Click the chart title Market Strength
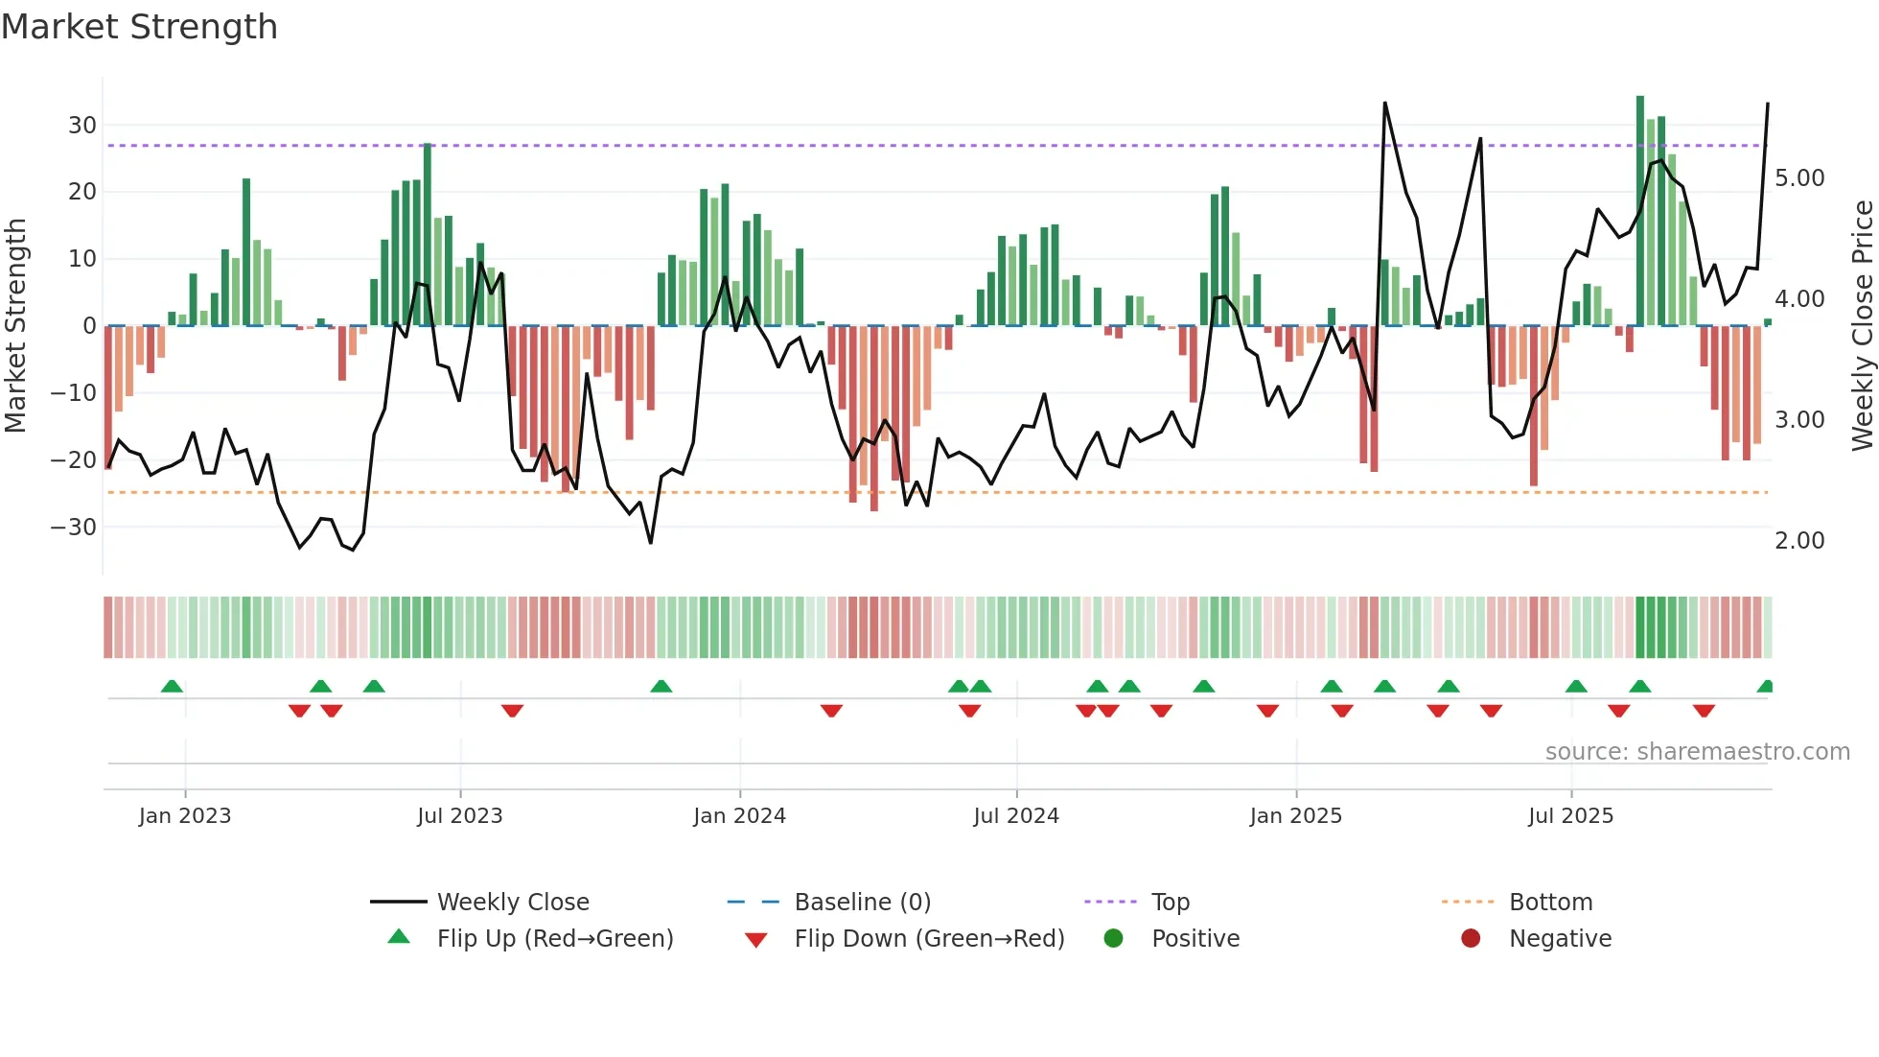tap(139, 27)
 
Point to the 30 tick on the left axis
tap(82, 126)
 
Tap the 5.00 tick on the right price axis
tap(1799, 178)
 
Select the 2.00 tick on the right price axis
tap(1799, 541)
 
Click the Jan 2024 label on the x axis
tap(739, 816)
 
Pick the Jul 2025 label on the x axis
tap(1570, 816)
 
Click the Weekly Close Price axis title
tap(1862, 326)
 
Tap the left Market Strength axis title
tap(15, 326)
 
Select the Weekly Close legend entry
tap(513, 903)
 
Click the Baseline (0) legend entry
tap(862, 903)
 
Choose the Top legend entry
tap(1170, 903)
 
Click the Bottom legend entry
tap(1550, 903)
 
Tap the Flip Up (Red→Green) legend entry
tap(555, 939)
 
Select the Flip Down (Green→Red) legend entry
tap(929, 939)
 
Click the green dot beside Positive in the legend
tap(1113, 939)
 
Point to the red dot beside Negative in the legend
tap(1471, 939)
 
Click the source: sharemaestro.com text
tap(1697, 752)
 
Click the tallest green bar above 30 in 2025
tap(1640, 211)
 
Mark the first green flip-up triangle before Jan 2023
tap(172, 687)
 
